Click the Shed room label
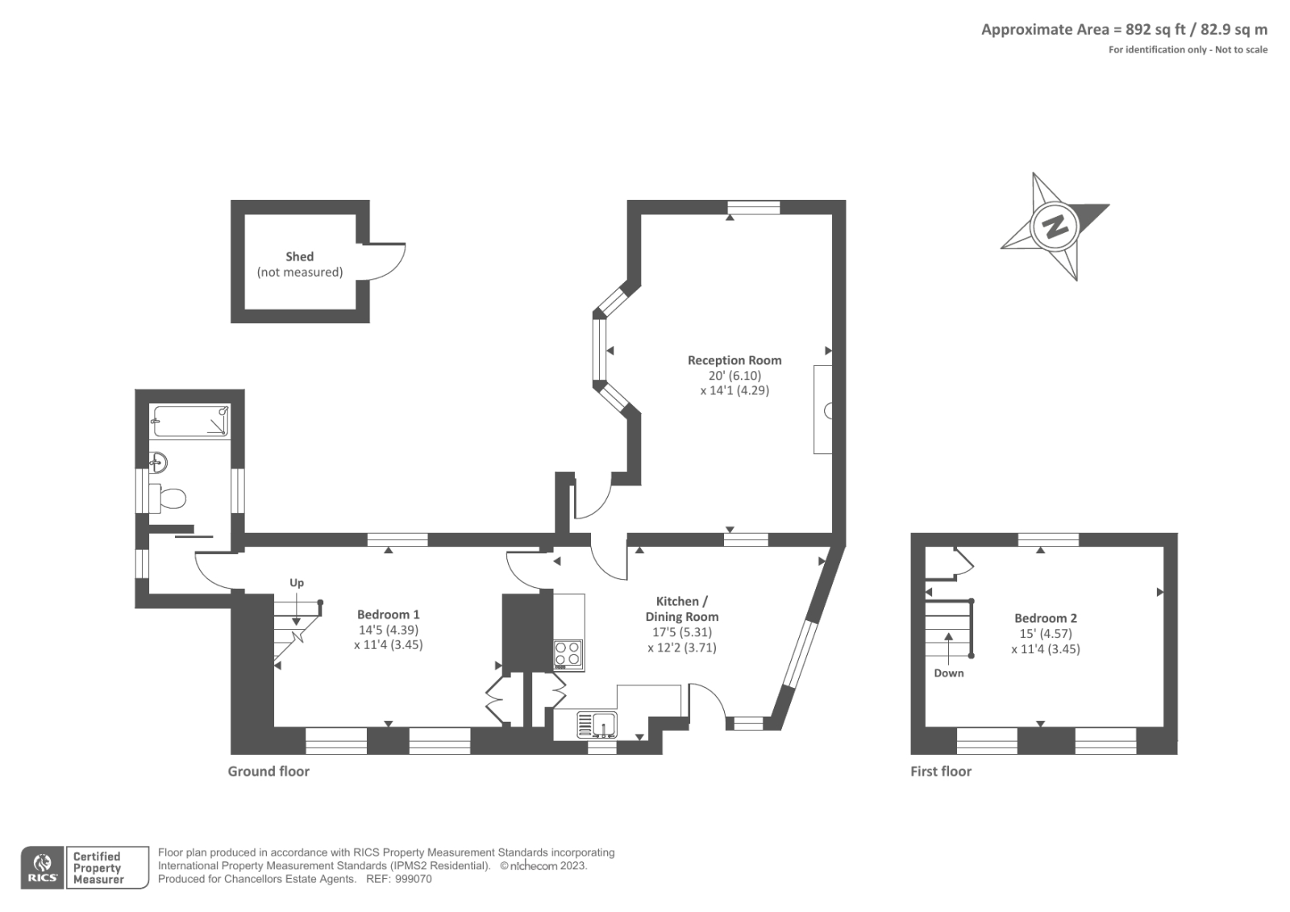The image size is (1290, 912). click(299, 256)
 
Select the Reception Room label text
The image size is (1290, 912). click(734, 360)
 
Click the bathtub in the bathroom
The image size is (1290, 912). click(191, 422)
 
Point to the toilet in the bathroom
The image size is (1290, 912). click(171, 498)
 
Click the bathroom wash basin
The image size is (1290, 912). click(159, 463)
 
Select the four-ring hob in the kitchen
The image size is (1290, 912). click(568, 654)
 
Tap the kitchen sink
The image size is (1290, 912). click(597, 724)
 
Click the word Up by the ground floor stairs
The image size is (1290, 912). click(297, 582)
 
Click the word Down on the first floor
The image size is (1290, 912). click(949, 673)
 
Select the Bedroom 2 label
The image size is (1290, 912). click(1046, 618)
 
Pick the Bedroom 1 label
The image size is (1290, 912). click(388, 614)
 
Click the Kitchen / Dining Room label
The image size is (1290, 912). click(681, 609)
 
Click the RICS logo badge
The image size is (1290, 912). click(42, 868)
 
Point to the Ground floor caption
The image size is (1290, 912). click(268, 771)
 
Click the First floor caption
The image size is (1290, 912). click(941, 771)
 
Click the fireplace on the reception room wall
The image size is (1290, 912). click(823, 410)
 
